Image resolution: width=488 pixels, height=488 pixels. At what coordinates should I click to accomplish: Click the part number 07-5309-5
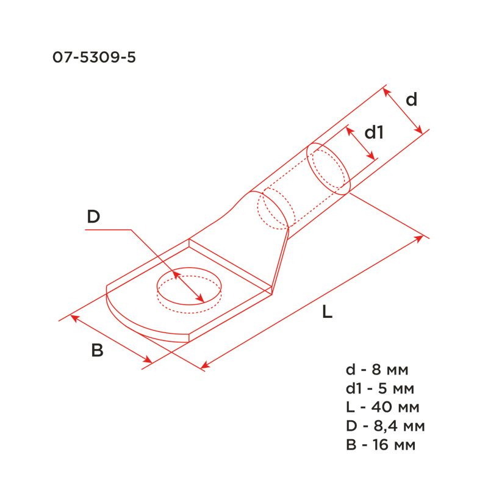[94, 59]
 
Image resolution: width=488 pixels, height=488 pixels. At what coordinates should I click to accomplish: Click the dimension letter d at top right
[412, 99]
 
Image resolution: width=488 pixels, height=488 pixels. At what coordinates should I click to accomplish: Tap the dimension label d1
[373, 132]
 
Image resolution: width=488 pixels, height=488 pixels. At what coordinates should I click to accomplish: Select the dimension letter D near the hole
[93, 217]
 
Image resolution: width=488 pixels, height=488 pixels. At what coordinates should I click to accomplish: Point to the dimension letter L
[327, 313]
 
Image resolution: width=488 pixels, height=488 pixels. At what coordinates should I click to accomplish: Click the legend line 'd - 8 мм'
[376, 370]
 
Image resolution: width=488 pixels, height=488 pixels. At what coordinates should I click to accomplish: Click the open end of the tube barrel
[328, 168]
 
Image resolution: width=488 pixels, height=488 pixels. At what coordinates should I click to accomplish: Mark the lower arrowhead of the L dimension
[205, 366]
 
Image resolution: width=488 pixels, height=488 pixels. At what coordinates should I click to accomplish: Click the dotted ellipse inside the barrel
[273, 210]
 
